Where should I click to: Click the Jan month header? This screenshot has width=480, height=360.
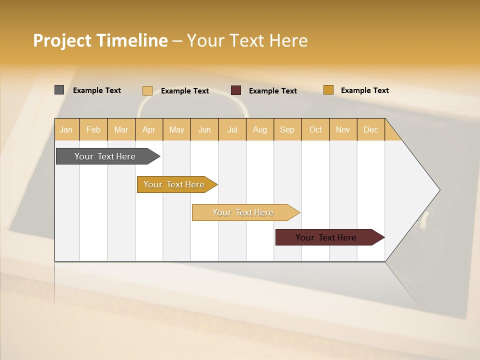pyautogui.click(x=66, y=129)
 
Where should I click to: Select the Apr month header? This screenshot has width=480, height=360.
pyautogui.click(x=148, y=129)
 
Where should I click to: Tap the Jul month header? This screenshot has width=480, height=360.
pyautogui.click(x=232, y=129)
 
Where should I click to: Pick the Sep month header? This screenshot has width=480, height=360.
pyautogui.click(x=287, y=129)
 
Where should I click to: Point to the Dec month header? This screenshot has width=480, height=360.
pyautogui.click(x=370, y=129)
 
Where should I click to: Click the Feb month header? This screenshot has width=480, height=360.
pyautogui.click(x=93, y=129)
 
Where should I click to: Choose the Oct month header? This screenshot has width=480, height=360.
pyautogui.click(x=315, y=129)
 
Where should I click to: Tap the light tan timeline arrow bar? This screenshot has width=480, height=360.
pyautogui.click(x=243, y=212)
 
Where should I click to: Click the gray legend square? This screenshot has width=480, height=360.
pyautogui.click(x=59, y=90)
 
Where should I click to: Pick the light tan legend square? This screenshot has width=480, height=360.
pyautogui.click(x=147, y=90)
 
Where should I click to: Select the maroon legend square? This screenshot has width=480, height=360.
pyautogui.click(x=236, y=90)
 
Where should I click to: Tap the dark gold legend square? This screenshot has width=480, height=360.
pyautogui.click(x=328, y=90)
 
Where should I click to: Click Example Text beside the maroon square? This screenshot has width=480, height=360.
pyautogui.click(x=272, y=91)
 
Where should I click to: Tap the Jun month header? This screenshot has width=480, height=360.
pyautogui.click(x=204, y=129)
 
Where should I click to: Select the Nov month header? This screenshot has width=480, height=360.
pyautogui.click(x=342, y=129)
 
